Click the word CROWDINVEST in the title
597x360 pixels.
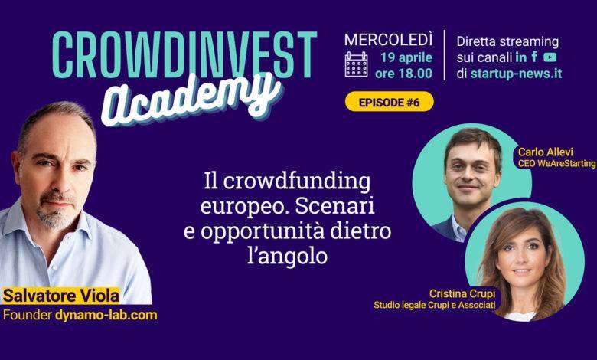[184, 54]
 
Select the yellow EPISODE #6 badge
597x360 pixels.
[389, 102]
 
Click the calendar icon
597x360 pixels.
[356, 64]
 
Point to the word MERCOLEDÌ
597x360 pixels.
[388, 40]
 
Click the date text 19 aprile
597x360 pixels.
[406, 57]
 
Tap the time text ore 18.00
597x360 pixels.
[403, 73]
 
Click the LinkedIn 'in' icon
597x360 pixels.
[521, 57]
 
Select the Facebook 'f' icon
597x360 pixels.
[534, 57]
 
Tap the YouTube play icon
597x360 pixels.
[550, 57]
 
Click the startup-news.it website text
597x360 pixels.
[516, 74]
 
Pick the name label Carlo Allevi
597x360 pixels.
[545, 152]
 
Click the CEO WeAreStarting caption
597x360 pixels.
[557, 163]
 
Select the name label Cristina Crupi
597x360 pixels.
[462, 293]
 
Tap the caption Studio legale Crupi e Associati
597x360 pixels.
[435, 305]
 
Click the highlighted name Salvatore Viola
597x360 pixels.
[61, 296]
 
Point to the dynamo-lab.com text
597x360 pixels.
[106, 315]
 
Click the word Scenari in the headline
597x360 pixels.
[334, 207]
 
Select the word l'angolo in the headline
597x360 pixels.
[288, 257]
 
